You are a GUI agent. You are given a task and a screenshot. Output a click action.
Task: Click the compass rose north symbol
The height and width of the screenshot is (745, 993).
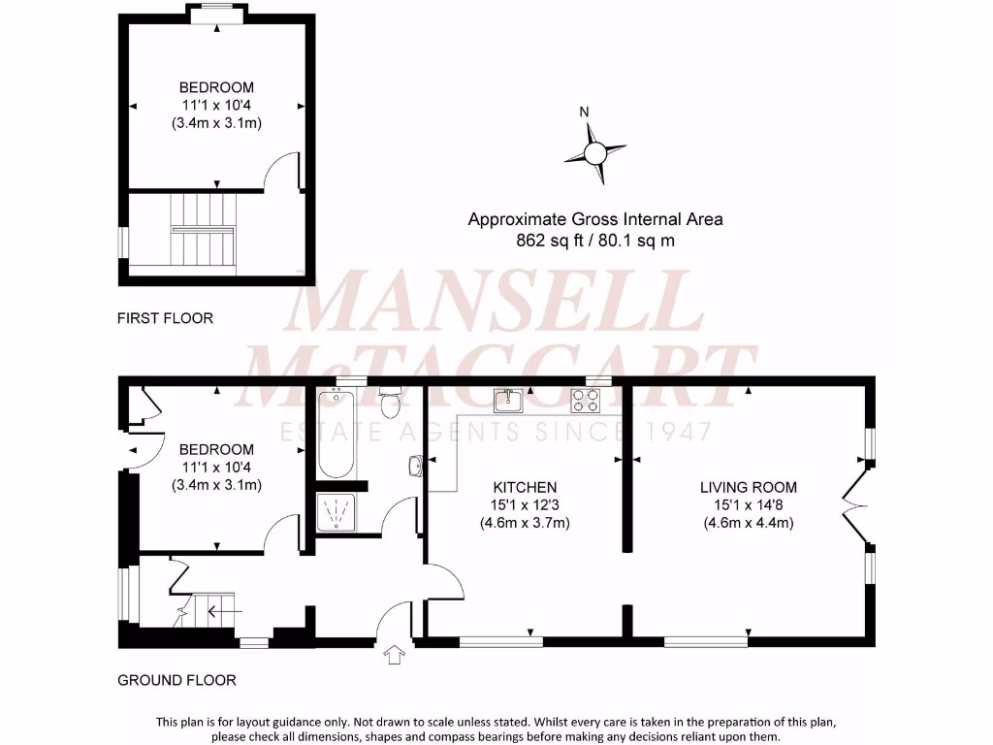(594, 151)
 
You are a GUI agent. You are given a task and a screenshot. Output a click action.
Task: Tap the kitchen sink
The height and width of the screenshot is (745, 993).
(508, 400)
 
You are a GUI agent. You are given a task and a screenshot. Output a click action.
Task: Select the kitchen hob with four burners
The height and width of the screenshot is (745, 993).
(585, 400)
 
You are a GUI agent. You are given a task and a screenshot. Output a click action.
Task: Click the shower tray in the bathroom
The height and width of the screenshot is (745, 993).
(336, 511)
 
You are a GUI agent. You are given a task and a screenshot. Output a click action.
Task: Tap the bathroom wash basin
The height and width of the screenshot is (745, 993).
(416, 467)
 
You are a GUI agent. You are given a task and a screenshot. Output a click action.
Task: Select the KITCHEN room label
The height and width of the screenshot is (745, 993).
(525, 487)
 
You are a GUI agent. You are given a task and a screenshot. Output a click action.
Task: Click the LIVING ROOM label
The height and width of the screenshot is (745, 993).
(749, 487)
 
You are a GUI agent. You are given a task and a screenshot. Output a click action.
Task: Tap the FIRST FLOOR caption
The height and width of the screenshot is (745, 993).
(165, 318)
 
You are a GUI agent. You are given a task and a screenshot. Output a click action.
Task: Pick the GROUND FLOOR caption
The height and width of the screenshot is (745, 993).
(176, 680)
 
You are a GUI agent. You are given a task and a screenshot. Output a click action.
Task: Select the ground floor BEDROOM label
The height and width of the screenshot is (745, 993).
(216, 450)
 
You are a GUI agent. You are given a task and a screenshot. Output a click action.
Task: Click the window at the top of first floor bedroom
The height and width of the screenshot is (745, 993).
(216, 11)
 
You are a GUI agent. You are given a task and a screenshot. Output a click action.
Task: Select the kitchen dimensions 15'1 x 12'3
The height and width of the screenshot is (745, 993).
(525, 504)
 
